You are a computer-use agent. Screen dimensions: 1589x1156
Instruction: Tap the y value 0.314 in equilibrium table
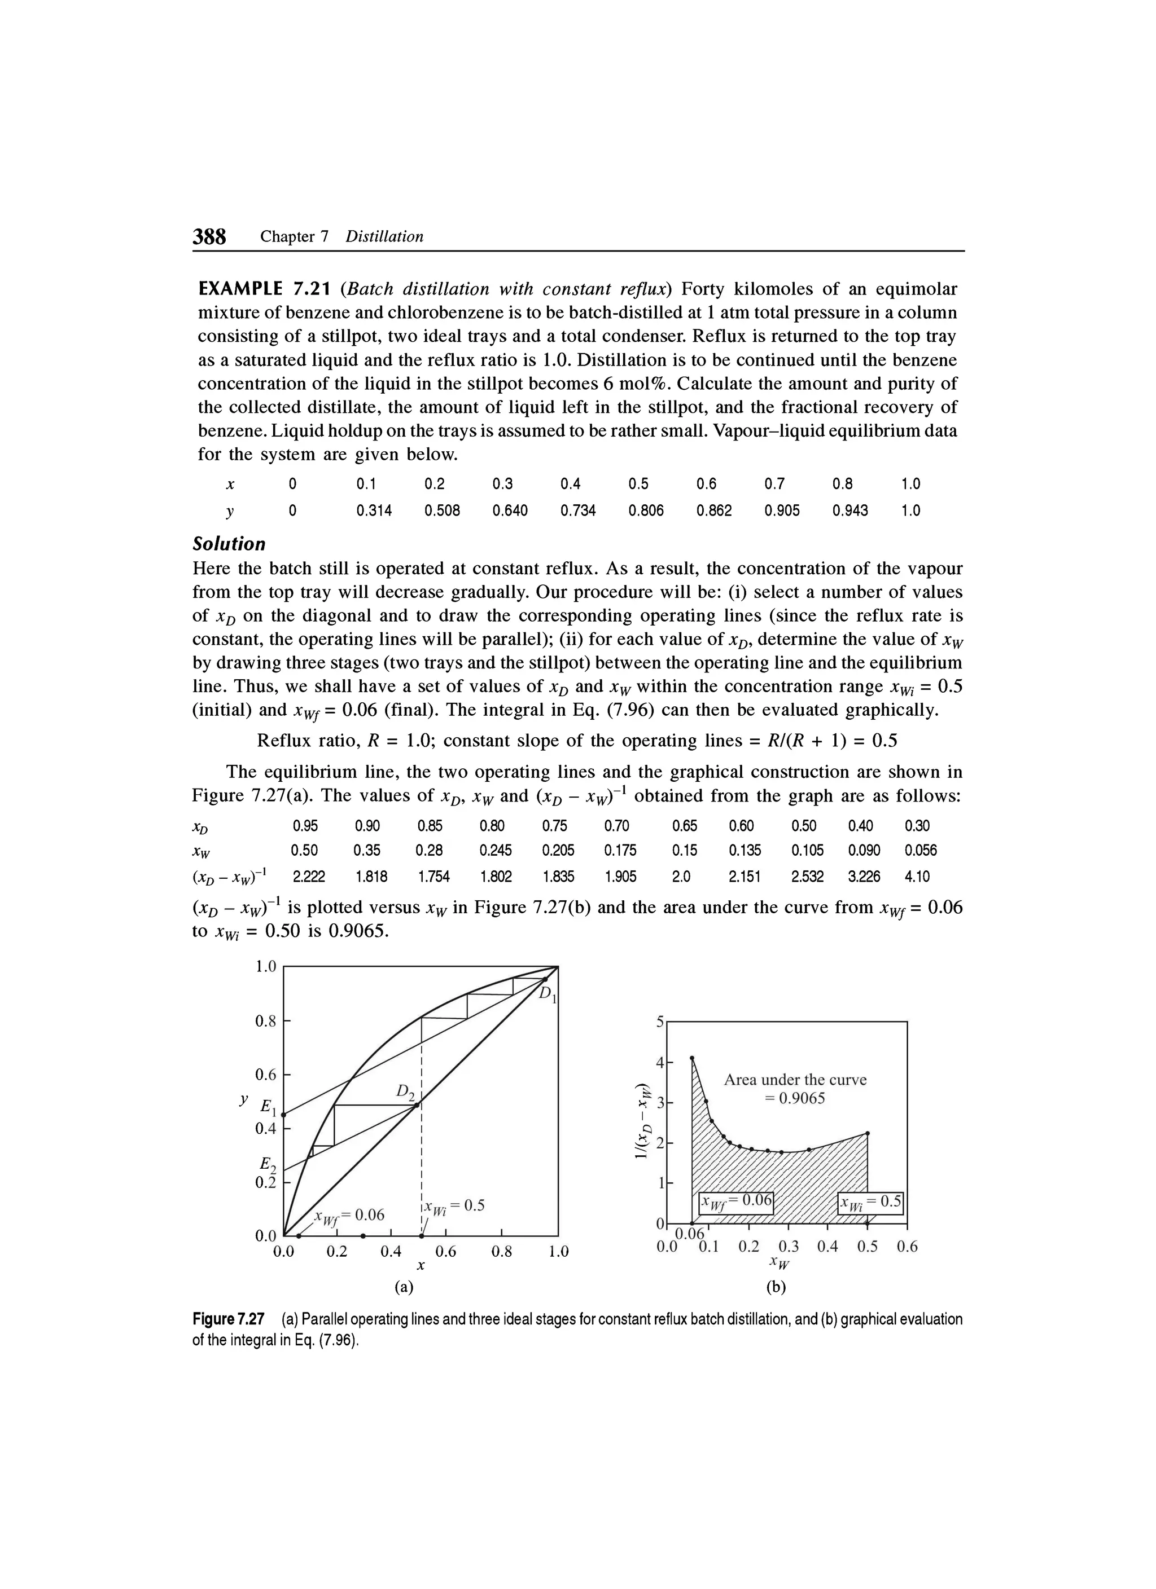pyautogui.click(x=374, y=510)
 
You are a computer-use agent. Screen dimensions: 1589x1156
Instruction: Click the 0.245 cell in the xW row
pyautogui.click(x=496, y=851)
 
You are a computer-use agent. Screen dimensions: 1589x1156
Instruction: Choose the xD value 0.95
pyautogui.click(x=305, y=825)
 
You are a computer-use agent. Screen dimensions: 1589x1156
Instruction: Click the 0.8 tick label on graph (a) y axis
pyautogui.click(x=265, y=1021)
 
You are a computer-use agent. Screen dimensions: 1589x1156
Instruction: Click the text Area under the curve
pyautogui.click(x=795, y=1080)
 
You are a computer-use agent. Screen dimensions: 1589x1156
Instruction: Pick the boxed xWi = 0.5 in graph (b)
pyautogui.click(x=871, y=1204)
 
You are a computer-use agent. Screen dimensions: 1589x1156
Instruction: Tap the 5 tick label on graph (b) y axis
pyautogui.click(x=659, y=1022)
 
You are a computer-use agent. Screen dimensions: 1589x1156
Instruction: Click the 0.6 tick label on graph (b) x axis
pyautogui.click(x=907, y=1247)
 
